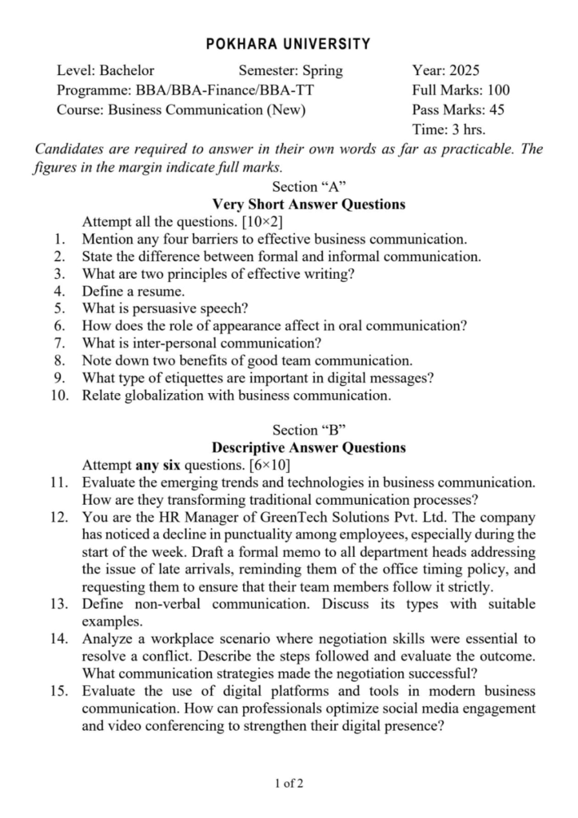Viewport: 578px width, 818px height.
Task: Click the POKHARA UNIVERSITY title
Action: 289,44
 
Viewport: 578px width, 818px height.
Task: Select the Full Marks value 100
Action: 497,90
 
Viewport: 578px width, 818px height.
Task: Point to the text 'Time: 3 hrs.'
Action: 448,129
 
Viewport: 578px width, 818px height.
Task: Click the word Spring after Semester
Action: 322,70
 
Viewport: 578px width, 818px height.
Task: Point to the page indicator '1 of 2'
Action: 289,784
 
